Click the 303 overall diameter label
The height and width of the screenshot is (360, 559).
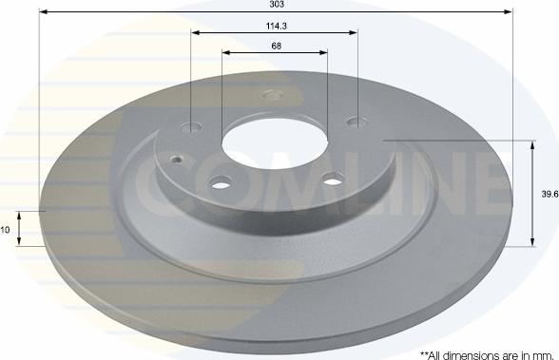click(x=276, y=5)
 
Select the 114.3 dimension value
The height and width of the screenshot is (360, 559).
click(x=275, y=26)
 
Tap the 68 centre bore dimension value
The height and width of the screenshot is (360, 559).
click(x=275, y=46)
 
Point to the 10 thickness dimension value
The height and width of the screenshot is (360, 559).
click(x=6, y=229)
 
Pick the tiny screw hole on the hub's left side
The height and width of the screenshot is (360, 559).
click(x=175, y=159)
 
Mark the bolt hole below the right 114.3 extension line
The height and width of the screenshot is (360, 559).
click(x=357, y=121)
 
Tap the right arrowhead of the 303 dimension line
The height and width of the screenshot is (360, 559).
click(x=510, y=12)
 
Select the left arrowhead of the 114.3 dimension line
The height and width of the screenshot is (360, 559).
click(x=195, y=32)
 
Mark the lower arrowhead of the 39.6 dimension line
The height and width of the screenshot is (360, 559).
click(x=530, y=243)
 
